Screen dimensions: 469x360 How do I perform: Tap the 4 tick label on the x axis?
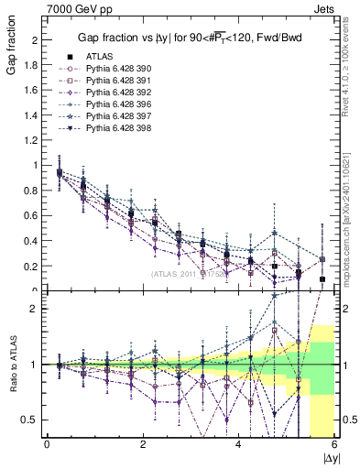click(x=239, y=445)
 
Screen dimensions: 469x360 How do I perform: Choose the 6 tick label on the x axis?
click(x=334, y=445)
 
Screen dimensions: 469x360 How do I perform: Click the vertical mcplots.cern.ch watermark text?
click(x=352, y=220)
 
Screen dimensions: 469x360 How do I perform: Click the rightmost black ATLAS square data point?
click(x=322, y=279)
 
